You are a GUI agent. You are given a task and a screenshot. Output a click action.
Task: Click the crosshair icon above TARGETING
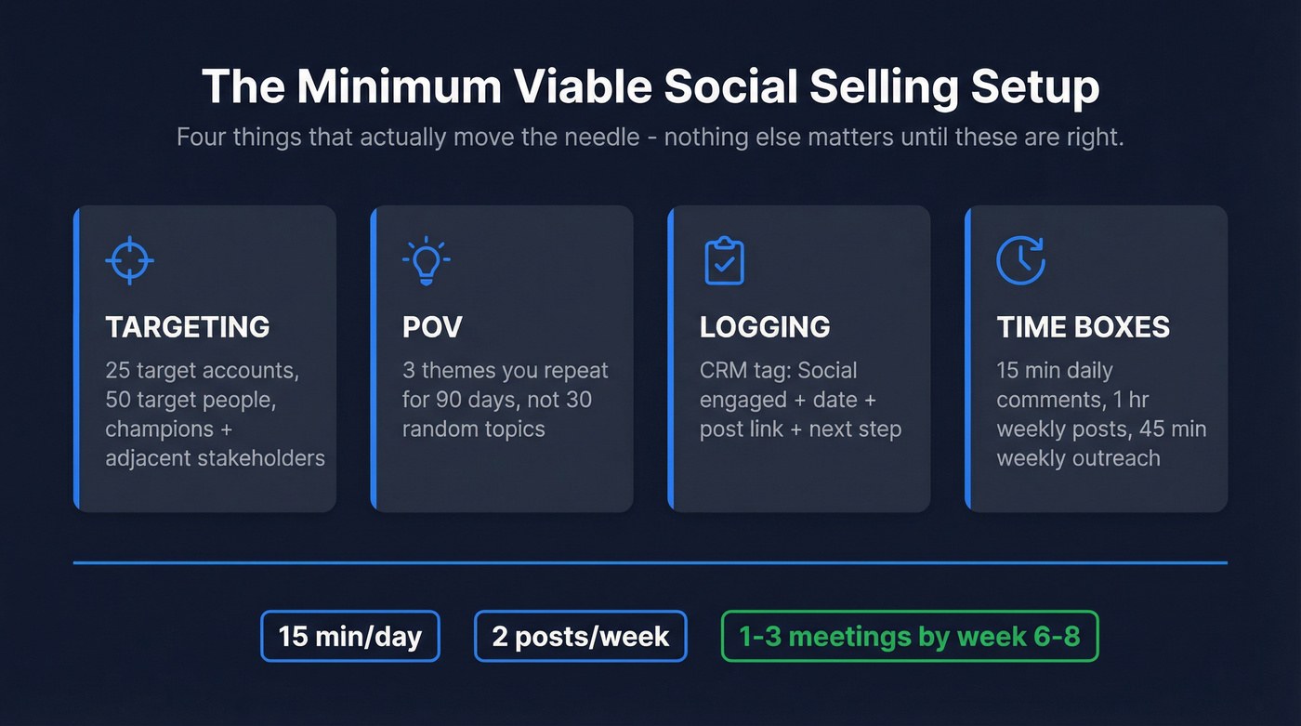[x=129, y=260]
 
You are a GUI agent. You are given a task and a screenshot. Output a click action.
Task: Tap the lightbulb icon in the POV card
[x=427, y=260]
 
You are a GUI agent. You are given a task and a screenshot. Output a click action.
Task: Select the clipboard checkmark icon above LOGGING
[x=724, y=260]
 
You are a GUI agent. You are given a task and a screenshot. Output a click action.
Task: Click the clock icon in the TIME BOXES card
[x=1020, y=260]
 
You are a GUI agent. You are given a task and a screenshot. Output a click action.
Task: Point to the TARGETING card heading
[x=188, y=327]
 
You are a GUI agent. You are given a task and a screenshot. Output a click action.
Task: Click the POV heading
[x=432, y=327]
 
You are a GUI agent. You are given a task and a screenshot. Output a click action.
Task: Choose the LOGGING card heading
[x=765, y=327]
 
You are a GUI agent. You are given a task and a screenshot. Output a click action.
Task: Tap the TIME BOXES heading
[x=1084, y=327]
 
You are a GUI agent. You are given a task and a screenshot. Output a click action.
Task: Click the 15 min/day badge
[x=350, y=637]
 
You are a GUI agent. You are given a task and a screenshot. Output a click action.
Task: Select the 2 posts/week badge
[x=581, y=637]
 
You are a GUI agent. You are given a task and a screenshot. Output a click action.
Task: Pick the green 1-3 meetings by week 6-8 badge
[x=910, y=637]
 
